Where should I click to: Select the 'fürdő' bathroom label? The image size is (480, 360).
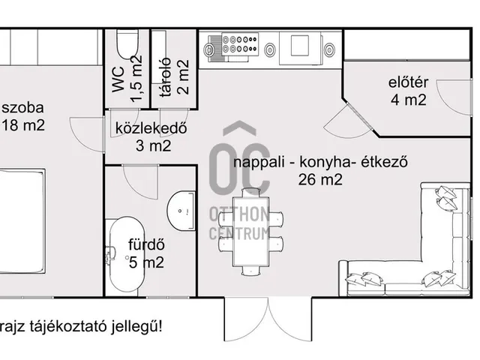pos(146,244)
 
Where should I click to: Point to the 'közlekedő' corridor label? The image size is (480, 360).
pos(151,127)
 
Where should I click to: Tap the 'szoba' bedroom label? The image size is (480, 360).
pos(22,107)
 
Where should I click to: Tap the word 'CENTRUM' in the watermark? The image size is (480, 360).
pos(239,232)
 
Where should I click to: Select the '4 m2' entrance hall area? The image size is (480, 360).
pos(408,100)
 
